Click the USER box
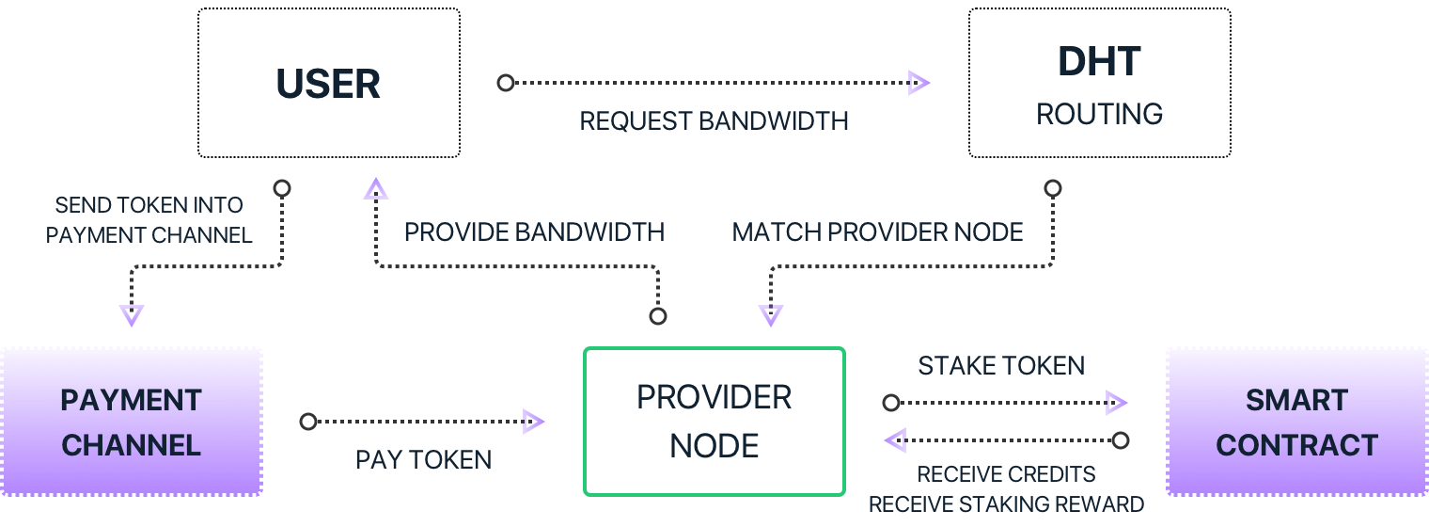[328, 83]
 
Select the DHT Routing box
[1099, 83]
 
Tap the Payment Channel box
[131, 422]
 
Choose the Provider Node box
[714, 422]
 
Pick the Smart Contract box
[1296, 422]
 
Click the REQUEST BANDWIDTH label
[714, 120]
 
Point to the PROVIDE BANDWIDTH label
[534, 232]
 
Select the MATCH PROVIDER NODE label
[877, 232]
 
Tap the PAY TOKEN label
[423, 459]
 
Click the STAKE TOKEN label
[1001, 365]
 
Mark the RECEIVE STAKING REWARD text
[1006, 503]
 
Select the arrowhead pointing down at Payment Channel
[132, 314]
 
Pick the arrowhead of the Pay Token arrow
[533, 422]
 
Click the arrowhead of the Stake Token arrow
[1116, 403]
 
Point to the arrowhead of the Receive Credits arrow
[895, 439]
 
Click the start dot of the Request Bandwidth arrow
[506, 83]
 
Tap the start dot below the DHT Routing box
[1053, 188]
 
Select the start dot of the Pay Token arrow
[308, 422]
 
